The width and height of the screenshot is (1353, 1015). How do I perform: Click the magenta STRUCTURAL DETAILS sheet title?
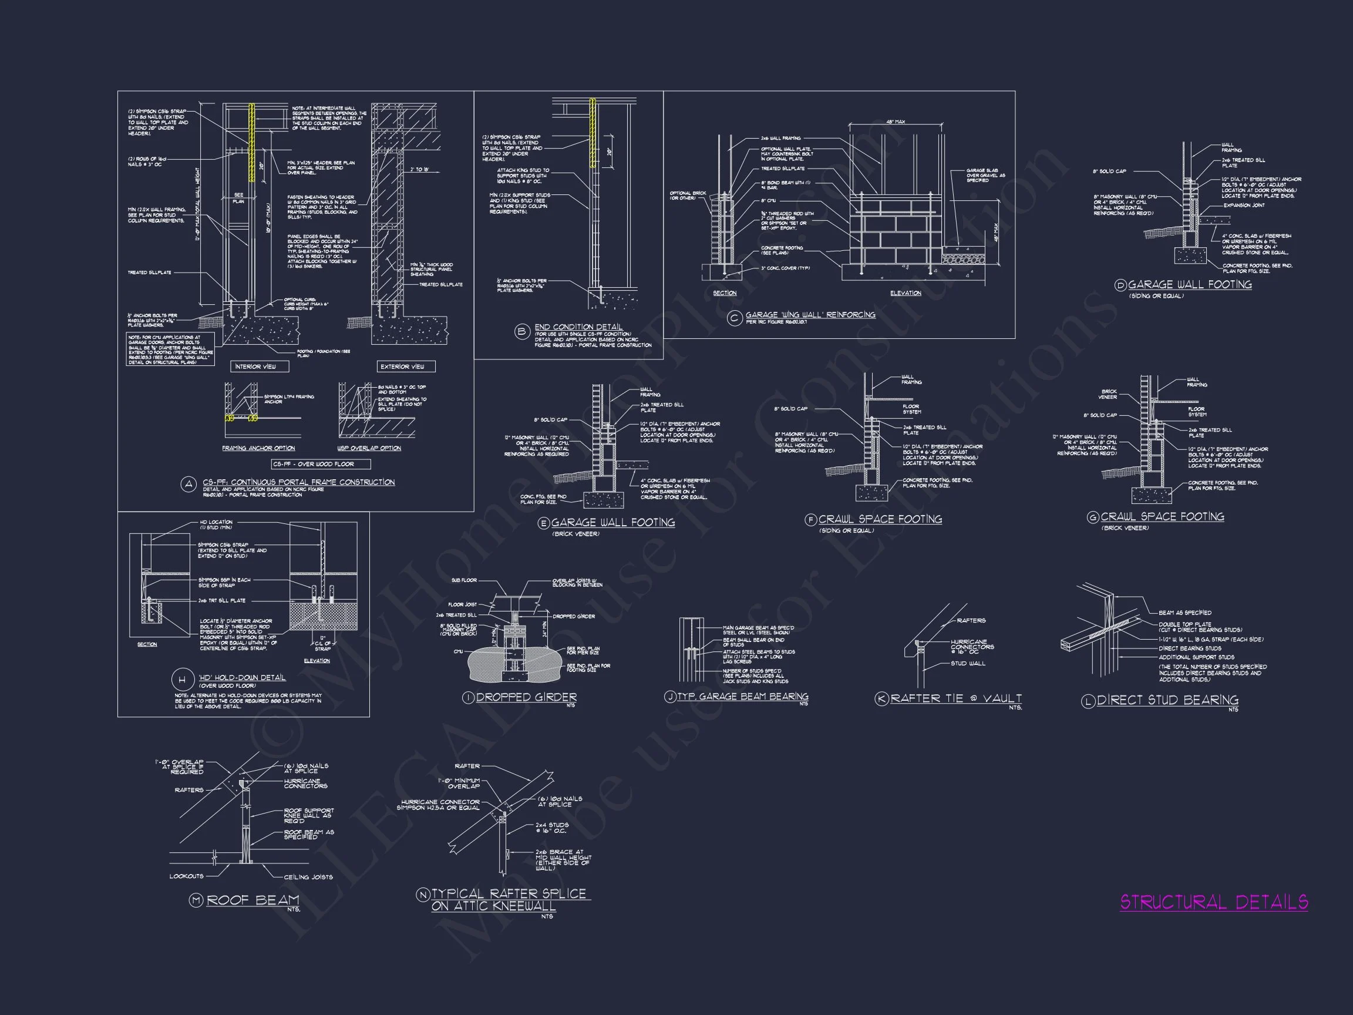click(x=1214, y=902)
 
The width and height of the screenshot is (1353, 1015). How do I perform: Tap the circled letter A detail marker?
click(x=189, y=485)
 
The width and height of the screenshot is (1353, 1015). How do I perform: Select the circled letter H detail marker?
click(x=181, y=680)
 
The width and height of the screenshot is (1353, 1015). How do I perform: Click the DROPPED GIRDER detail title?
click(x=526, y=697)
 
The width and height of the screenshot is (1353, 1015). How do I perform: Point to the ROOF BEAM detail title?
click(x=253, y=899)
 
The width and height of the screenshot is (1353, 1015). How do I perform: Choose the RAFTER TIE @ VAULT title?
click(x=955, y=698)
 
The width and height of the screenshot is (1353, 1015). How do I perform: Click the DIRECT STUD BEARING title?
click(x=1167, y=700)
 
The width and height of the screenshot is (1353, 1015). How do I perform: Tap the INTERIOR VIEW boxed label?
click(x=255, y=367)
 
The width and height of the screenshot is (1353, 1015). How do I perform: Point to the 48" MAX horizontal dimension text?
click(x=895, y=122)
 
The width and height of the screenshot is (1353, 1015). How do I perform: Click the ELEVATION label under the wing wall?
click(x=906, y=293)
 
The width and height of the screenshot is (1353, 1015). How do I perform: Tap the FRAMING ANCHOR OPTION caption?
click(x=258, y=448)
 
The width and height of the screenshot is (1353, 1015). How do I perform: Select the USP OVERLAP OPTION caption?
click(x=369, y=448)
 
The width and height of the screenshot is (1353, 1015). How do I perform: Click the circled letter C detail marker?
click(x=734, y=318)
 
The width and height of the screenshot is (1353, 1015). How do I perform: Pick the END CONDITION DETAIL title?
click(x=578, y=327)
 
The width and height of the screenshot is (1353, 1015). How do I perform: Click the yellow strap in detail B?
click(x=592, y=133)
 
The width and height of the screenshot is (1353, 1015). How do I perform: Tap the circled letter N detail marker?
click(x=423, y=895)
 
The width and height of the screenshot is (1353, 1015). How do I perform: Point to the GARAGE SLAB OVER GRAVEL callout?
click(x=985, y=176)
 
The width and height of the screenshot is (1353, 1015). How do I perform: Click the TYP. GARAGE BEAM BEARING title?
click(x=742, y=696)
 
